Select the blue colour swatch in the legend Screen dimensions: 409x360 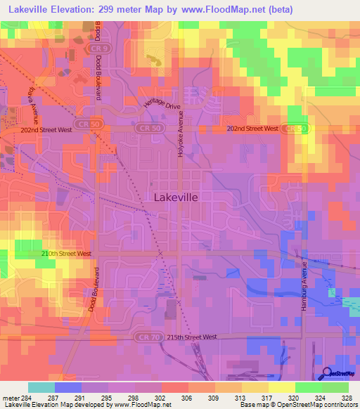click(x=68, y=387)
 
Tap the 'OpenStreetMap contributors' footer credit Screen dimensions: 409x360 click(x=319, y=405)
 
